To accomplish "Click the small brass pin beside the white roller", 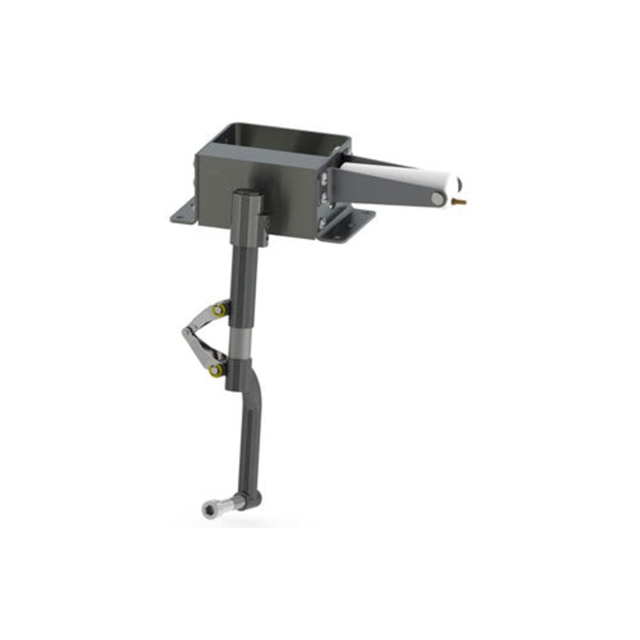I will point(459,202).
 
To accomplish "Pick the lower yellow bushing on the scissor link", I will point(216,370).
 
